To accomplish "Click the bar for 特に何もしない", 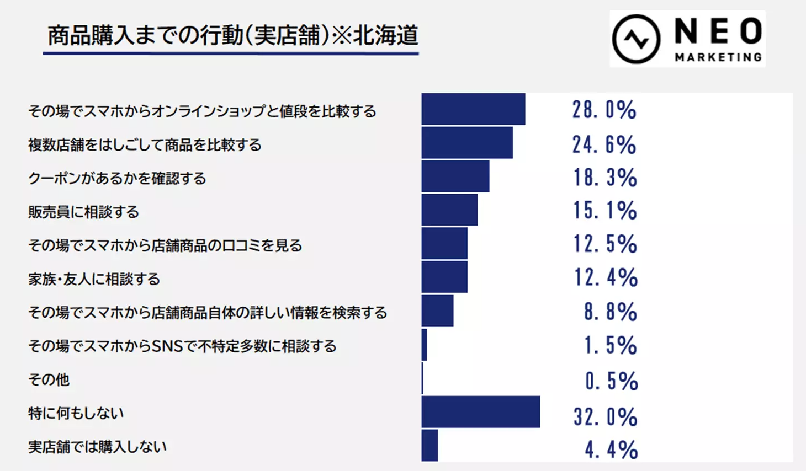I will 480,411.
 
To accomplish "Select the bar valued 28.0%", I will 473,109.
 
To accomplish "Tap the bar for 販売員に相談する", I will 449,210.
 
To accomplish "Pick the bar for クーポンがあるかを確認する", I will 455,176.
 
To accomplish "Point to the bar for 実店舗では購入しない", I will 429,445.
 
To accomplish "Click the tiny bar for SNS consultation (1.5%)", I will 424,345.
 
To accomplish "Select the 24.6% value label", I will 604,144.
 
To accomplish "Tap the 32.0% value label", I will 605,416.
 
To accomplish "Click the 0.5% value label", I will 611,381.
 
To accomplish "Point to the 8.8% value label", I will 610,312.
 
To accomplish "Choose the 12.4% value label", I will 606,277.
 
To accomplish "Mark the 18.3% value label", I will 604,178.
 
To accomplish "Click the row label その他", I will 49,379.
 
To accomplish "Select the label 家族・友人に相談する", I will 94,279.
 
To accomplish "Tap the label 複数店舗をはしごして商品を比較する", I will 145,145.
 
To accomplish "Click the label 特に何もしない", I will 76,413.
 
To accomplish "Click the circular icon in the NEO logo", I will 636,39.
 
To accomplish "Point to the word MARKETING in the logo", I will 718,57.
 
